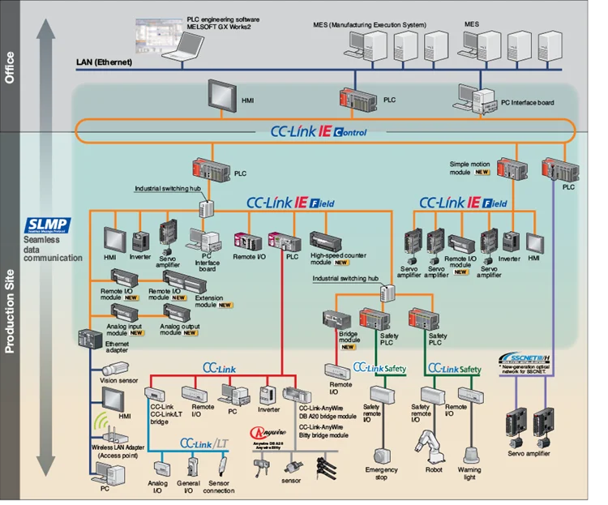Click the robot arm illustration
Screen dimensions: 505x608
point(426,444)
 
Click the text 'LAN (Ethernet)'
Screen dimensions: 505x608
point(102,62)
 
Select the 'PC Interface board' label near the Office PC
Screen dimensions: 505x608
point(529,102)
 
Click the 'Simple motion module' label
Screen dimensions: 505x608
point(471,168)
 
